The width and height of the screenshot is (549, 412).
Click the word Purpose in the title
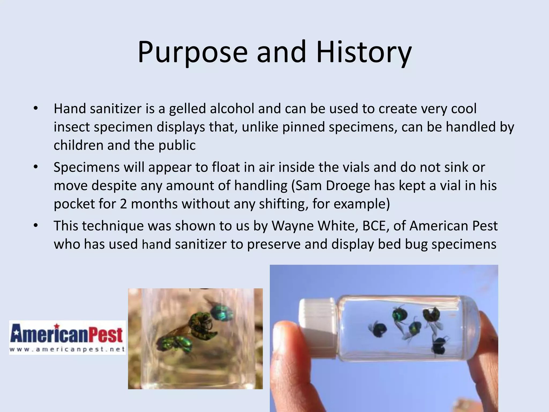point(192,52)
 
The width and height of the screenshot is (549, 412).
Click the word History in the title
point(363,52)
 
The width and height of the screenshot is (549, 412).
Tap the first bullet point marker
point(36,109)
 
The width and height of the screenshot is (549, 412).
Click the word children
point(78,145)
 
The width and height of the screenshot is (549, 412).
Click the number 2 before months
point(123,204)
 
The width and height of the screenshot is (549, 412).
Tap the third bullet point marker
point(36,226)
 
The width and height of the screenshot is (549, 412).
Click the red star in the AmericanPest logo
point(57,326)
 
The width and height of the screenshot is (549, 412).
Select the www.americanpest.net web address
point(67,349)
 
